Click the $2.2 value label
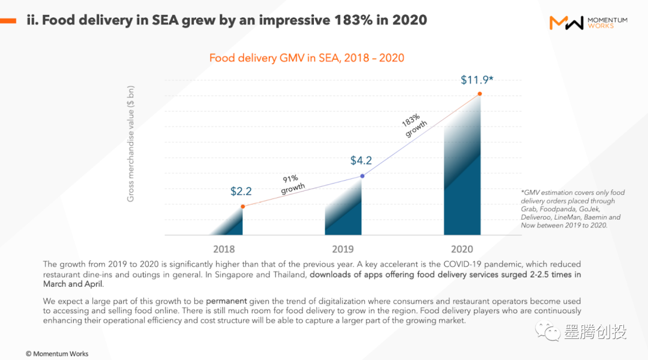pos(241,192)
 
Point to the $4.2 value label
pos(361,161)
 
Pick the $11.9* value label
pos(476,80)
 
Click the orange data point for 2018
pos(242,206)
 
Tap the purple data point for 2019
pos(362,176)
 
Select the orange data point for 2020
pos(479,94)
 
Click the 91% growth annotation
pos(292,184)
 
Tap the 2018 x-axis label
pos(224,249)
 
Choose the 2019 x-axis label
pos(343,249)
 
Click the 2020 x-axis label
pos(462,249)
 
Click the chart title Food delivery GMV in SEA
pos(307,58)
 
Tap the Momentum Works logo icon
pos(566,23)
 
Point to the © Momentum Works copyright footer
pos(57,353)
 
